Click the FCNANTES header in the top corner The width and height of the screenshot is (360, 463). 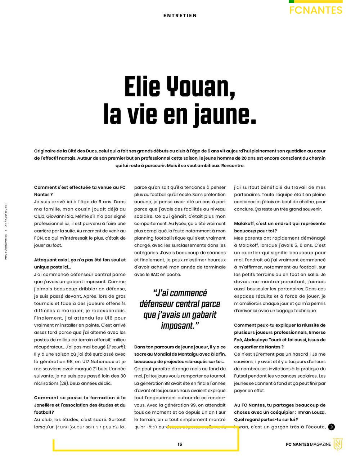(316, 10)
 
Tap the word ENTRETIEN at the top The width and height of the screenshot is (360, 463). (180, 15)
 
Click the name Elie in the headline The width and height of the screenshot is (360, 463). (142, 88)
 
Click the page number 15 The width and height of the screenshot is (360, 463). (180, 444)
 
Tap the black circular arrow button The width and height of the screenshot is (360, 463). (332, 427)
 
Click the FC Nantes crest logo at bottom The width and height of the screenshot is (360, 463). (338, 444)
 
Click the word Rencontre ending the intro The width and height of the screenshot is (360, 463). (233, 165)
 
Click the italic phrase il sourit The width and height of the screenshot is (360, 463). (116, 347)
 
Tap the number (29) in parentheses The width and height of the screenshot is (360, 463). (64, 383)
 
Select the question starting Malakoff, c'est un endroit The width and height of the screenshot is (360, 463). (279, 227)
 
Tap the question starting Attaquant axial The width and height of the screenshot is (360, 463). (80, 263)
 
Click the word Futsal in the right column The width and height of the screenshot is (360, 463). (241, 376)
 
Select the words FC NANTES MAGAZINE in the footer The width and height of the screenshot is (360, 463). (308, 444)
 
